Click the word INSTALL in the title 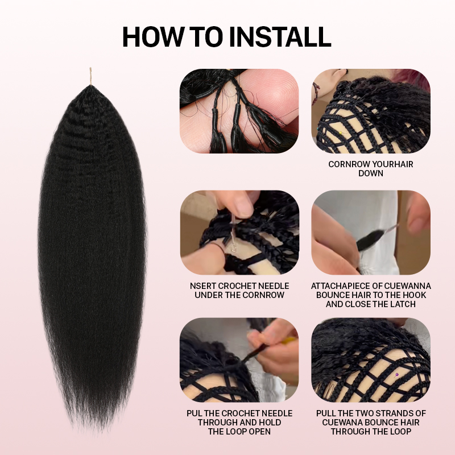click(280, 36)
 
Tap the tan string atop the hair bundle click(90, 76)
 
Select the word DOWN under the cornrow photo click(371, 173)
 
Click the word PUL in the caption click(194, 413)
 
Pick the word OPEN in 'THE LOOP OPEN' click(259, 432)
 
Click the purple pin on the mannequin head click(396, 375)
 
